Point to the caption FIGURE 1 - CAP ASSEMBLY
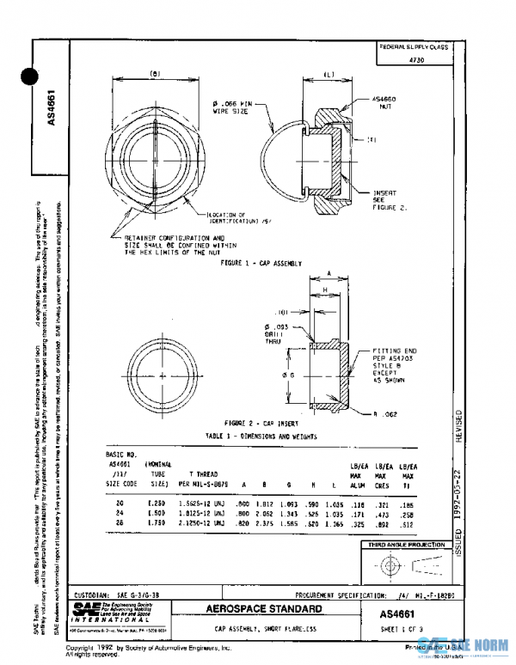tap(262, 262)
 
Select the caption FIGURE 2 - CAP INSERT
tap(262, 424)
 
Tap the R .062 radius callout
tap(384, 414)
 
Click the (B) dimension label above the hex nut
tap(157, 73)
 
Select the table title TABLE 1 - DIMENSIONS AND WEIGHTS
tap(262, 436)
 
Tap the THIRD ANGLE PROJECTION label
tap(407, 546)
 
